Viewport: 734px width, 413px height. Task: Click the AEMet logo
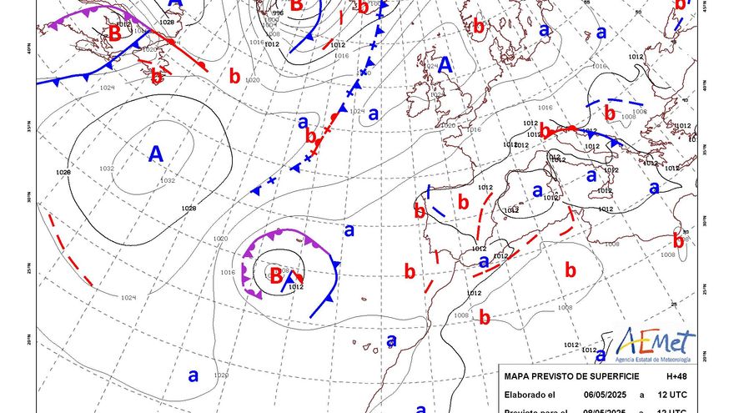coord(655,344)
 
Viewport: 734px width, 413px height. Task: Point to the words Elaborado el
coord(530,395)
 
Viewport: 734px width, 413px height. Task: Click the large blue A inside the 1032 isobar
coord(155,154)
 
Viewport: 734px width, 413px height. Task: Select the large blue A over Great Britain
coord(445,65)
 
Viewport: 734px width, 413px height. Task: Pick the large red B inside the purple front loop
coord(276,274)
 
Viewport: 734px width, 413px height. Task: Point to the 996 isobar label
coord(278,13)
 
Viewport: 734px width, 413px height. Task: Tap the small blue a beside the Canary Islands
coord(391,340)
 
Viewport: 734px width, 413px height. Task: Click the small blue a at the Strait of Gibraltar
coord(483,261)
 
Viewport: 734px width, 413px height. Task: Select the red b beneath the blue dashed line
coord(610,113)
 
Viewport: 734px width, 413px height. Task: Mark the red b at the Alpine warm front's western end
coord(545,131)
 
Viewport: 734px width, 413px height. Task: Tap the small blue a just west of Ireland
coord(374,113)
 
